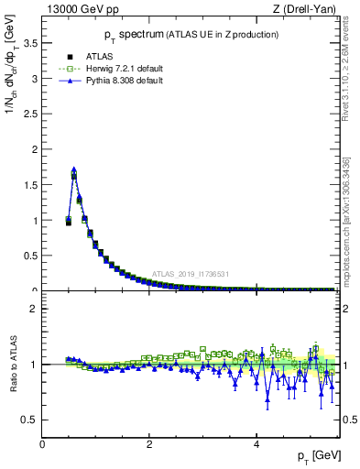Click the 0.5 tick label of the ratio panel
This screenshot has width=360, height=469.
click(29, 420)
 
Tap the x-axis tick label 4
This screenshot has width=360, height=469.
click(256, 444)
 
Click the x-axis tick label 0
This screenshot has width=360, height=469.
click(42, 444)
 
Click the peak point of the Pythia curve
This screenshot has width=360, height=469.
click(73, 169)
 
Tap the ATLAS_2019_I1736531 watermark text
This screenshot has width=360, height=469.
click(191, 274)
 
